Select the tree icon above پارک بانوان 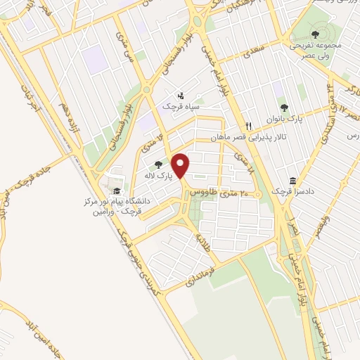pyautogui.click(x=284, y=108)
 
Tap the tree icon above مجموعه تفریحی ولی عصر pyautogui.click(x=314, y=34)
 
